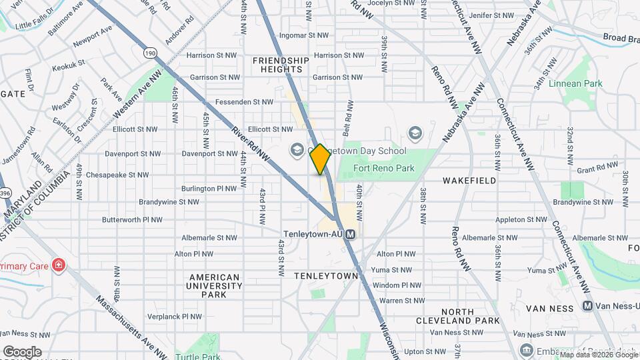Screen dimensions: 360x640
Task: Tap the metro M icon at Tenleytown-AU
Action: tap(351, 234)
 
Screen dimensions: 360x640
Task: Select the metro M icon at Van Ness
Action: tap(587, 306)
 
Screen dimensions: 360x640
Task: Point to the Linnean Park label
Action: tap(575, 84)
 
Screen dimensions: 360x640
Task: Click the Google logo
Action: tap(22, 351)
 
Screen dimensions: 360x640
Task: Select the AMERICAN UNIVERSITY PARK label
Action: tap(215, 285)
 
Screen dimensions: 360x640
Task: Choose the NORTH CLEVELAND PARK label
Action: tap(470, 316)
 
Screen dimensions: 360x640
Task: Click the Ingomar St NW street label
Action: tap(304, 35)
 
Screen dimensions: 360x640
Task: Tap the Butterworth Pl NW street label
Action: tap(132, 219)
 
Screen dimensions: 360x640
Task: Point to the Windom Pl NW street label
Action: tap(397, 285)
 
